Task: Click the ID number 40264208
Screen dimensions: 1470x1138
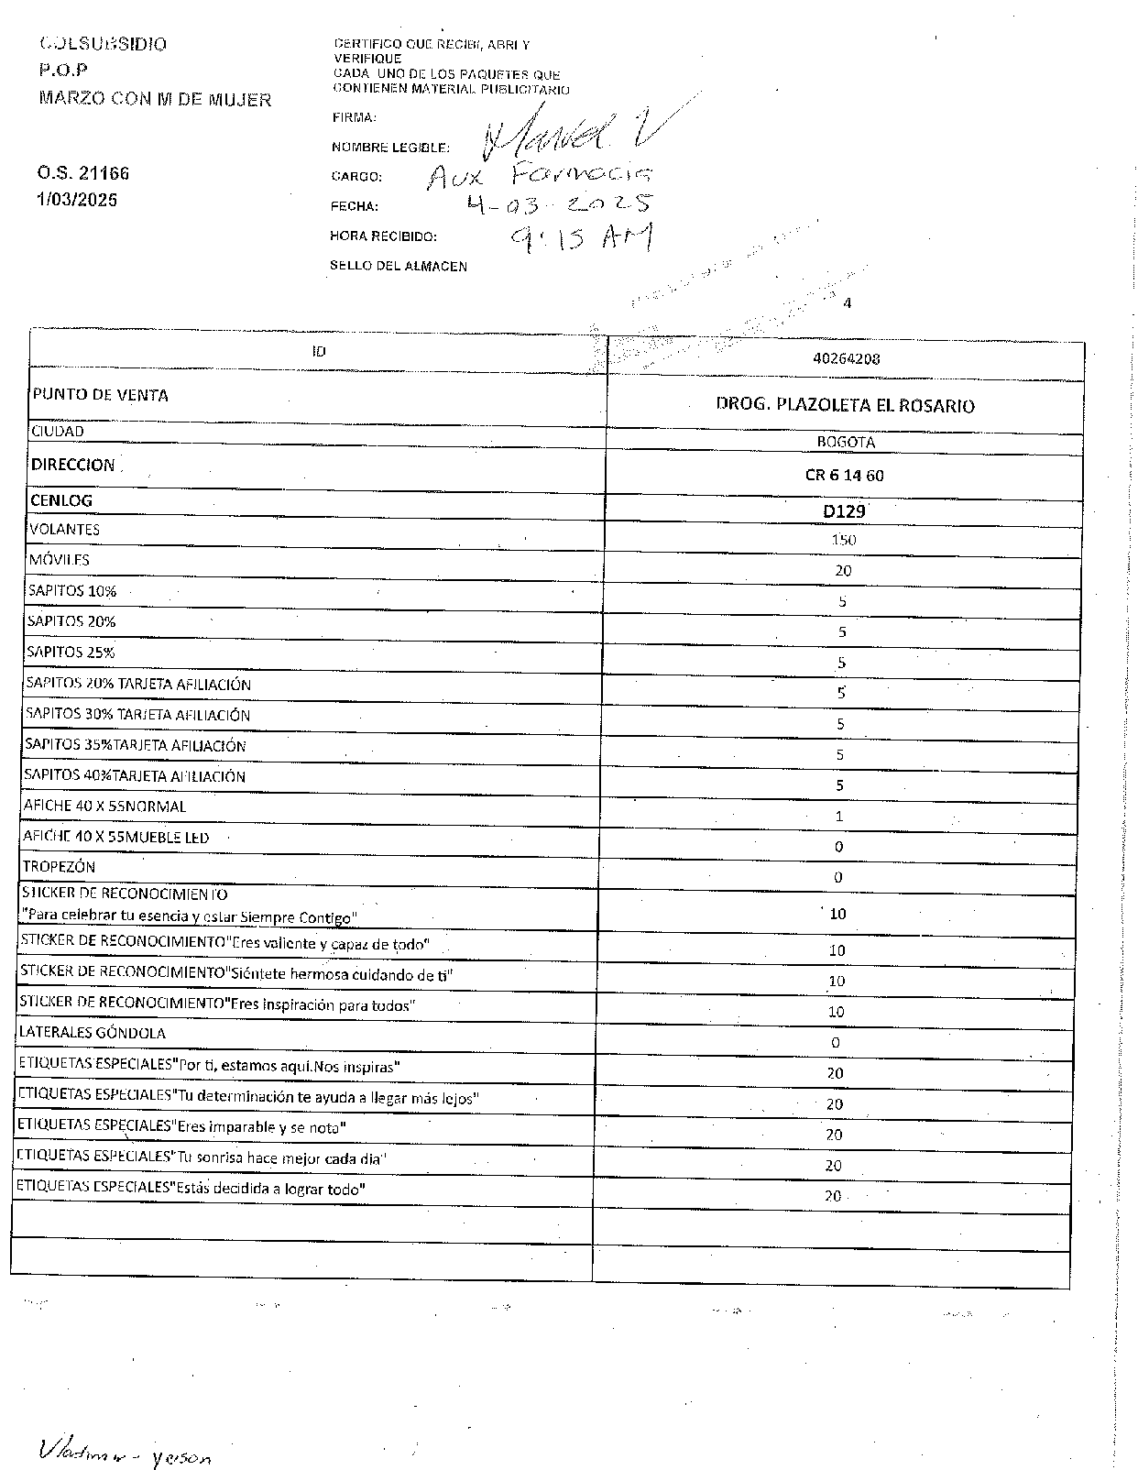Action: click(x=846, y=359)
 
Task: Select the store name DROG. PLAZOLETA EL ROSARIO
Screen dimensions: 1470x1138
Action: click(x=845, y=405)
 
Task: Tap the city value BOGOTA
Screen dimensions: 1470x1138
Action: click(x=846, y=442)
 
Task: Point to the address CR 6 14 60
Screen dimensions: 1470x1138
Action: click(x=844, y=475)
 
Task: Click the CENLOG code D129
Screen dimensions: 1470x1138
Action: click(x=844, y=511)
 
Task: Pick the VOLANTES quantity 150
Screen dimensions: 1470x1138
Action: click(x=843, y=540)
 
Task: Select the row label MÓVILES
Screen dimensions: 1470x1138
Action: click(x=60, y=559)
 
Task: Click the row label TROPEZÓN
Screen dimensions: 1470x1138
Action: click(x=60, y=866)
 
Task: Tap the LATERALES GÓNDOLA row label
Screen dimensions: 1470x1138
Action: click(x=93, y=1033)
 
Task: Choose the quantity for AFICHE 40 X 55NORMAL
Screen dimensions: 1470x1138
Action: click(x=839, y=816)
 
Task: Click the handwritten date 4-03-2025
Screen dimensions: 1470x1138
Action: click(x=559, y=204)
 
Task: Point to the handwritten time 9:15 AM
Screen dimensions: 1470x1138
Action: click(x=582, y=238)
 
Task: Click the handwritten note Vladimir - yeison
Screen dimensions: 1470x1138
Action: click(x=125, y=1451)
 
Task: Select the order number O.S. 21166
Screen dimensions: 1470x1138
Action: click(x=83, y=173)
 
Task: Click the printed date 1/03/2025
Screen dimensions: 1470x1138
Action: click(x=78, y=200)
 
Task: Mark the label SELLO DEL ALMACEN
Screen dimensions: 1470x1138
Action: click(x=399, y=267)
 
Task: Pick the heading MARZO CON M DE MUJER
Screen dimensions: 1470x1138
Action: click(x=155, y=100)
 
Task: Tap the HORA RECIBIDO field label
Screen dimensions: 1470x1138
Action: click(x=383, y=236)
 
